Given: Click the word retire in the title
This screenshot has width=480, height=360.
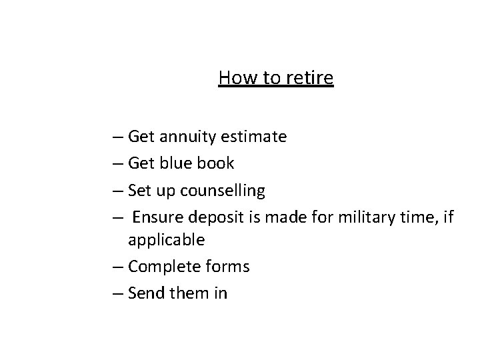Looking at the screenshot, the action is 310,79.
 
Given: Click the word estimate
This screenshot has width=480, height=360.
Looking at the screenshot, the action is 254,137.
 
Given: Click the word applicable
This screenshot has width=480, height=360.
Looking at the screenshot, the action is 167,240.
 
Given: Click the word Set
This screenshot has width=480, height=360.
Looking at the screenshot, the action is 141,191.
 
